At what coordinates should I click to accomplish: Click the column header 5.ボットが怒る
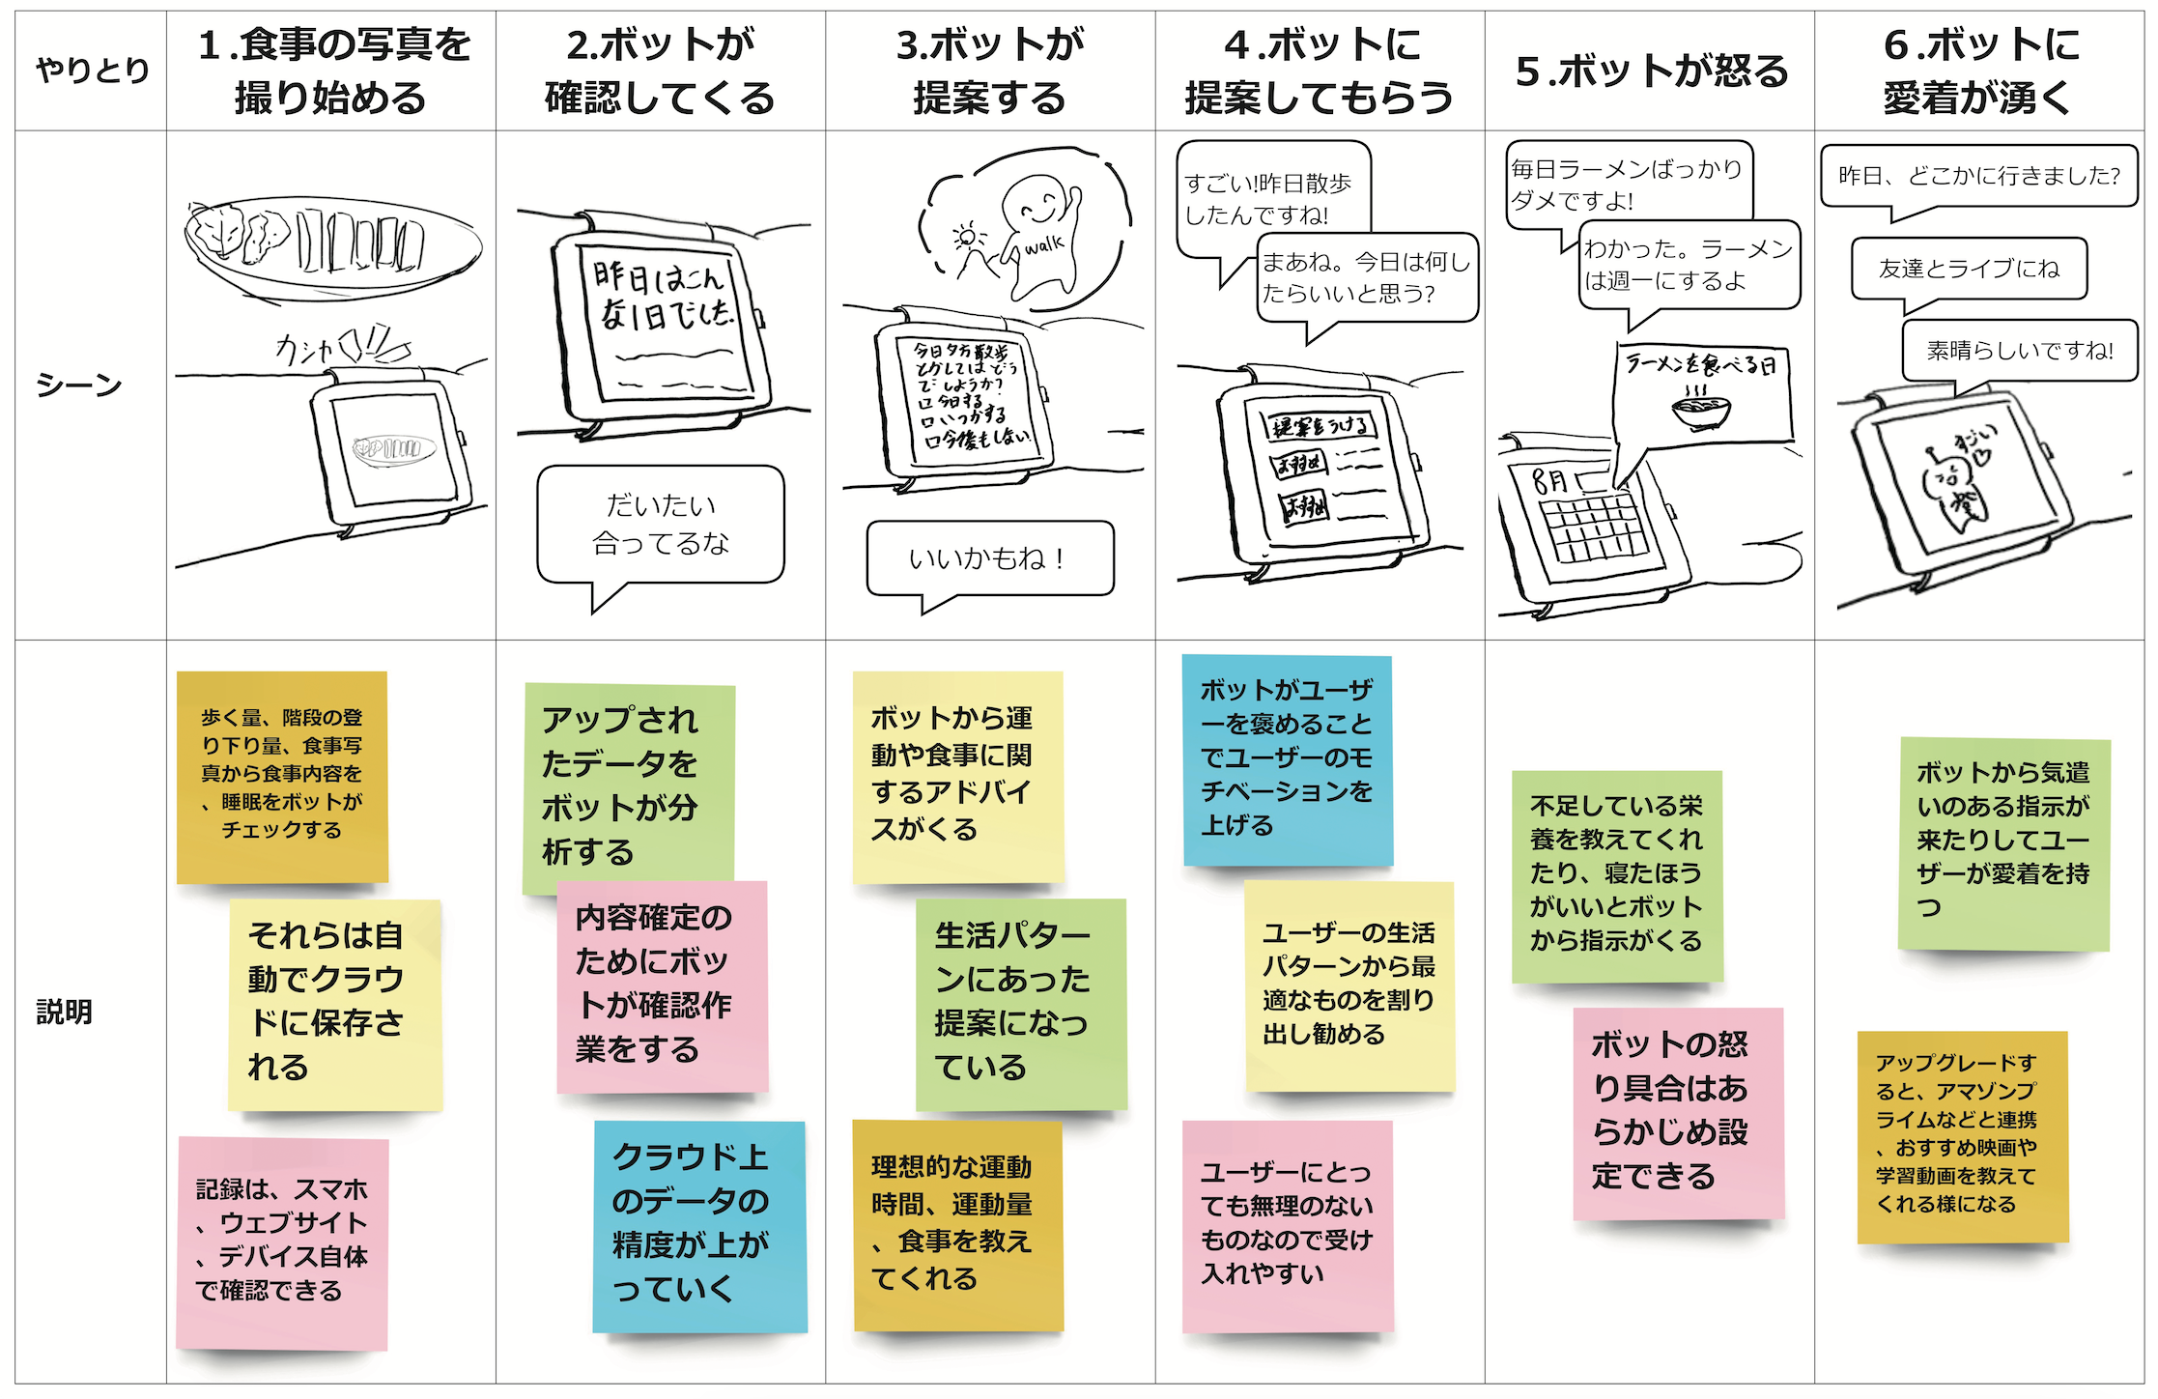1650,71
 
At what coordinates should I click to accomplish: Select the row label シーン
79,385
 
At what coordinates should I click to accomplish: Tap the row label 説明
65,1012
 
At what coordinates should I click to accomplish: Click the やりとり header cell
92,71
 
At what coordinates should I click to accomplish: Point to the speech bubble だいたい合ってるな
661,525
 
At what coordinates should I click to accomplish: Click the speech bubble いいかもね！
989,558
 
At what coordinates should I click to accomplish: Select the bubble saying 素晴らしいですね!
2019,351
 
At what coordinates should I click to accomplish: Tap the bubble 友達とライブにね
1969,269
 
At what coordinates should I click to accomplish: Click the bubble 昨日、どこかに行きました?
1978,176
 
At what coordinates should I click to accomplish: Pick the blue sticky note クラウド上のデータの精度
699,1225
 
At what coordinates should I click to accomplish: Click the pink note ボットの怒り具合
1678,1112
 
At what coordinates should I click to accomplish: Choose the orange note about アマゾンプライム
1962,1136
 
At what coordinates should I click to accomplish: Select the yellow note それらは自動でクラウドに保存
334,1004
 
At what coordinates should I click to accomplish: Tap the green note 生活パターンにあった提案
1020,1004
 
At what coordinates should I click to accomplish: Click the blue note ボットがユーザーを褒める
1287,759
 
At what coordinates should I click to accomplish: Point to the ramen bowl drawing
1701,410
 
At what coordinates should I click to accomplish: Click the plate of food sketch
332,246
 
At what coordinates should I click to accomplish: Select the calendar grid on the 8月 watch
1595,528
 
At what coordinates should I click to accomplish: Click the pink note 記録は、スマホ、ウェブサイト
282,1242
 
